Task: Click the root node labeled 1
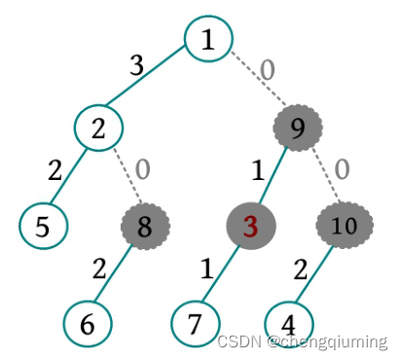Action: pos(208,40)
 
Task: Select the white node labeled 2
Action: pos(99,126)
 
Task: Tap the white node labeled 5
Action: pos(43,226)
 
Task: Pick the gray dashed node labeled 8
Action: pos(144,227)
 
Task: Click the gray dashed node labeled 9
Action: pos(298,127)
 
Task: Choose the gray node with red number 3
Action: pos(251,227)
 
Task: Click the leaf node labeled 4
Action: pos(289,322)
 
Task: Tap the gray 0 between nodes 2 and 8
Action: pos(142,168)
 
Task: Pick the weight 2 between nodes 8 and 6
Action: pos(98,269)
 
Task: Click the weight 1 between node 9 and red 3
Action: pos(257,171)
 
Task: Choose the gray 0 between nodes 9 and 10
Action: pos(342,168)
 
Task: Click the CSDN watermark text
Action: pos(302,342)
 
